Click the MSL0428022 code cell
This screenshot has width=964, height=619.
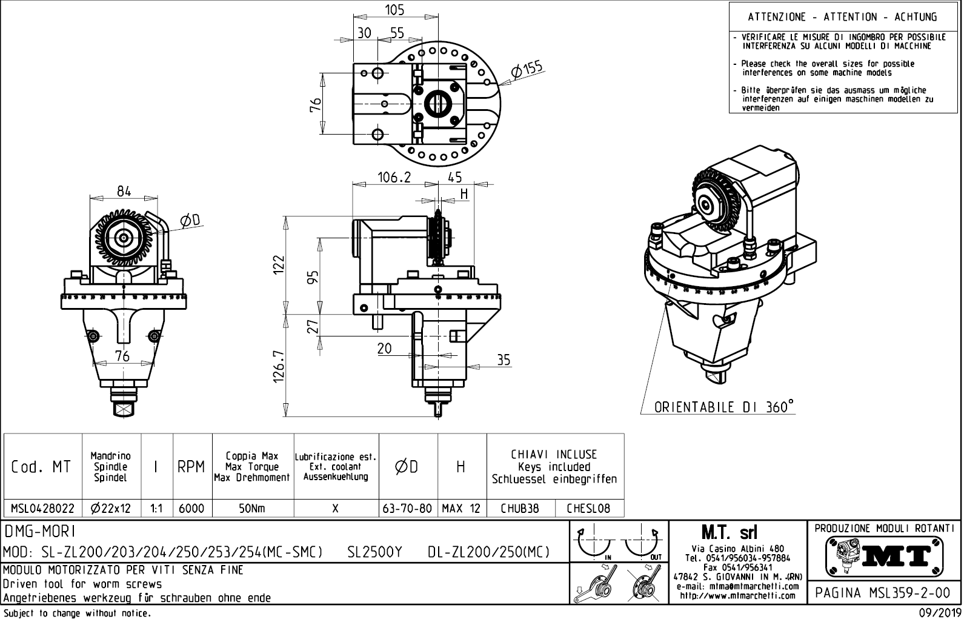coord(42,509)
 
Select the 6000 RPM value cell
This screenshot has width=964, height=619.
coord(192,509)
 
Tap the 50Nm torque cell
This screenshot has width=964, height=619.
coord(253,509)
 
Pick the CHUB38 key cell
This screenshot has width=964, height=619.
coord(520,509)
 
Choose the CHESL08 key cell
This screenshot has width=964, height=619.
coord(588,509)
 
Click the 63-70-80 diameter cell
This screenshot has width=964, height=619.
coord(408,509)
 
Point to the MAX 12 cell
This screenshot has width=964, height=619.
coord(461,509)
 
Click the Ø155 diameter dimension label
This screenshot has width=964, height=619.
coord(527,70)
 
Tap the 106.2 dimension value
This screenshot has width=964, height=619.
coord(394,177)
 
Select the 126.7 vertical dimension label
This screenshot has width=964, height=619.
coord(279,366)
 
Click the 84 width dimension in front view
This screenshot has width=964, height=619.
coord(124,191)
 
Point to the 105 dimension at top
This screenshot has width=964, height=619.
coord(394,10)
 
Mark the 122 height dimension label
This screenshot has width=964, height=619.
coord(279,265)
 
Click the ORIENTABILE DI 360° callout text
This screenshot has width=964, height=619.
coord(723,407)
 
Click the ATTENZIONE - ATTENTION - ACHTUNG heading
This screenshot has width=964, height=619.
coord(842,17)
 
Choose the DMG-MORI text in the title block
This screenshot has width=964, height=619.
coord(40,532)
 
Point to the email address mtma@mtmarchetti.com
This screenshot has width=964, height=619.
coord(737,586)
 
